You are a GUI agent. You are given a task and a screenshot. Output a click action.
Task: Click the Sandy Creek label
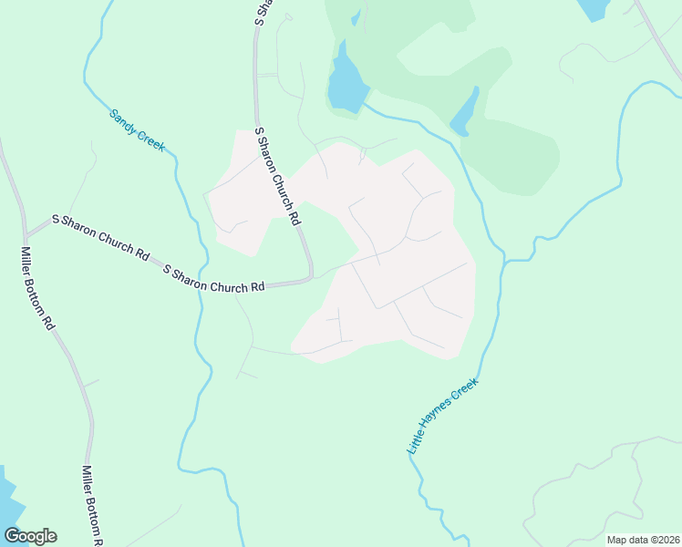[x=137, y=129]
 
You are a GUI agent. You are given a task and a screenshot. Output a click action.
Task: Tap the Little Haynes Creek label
[x=442, y=416]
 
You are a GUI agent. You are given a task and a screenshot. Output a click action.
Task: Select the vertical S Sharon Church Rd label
[x=277, y=177]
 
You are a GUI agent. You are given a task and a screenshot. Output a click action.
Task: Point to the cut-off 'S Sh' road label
[x=262, y=11]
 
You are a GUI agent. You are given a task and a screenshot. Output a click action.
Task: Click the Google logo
[x=30, y=536]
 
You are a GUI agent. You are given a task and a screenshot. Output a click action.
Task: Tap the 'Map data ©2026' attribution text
[x=643, y=540]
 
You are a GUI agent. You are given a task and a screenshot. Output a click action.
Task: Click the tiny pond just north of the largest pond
[x=356, y=18]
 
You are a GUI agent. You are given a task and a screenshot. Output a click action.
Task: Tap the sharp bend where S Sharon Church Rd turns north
[x=310, y=274]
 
